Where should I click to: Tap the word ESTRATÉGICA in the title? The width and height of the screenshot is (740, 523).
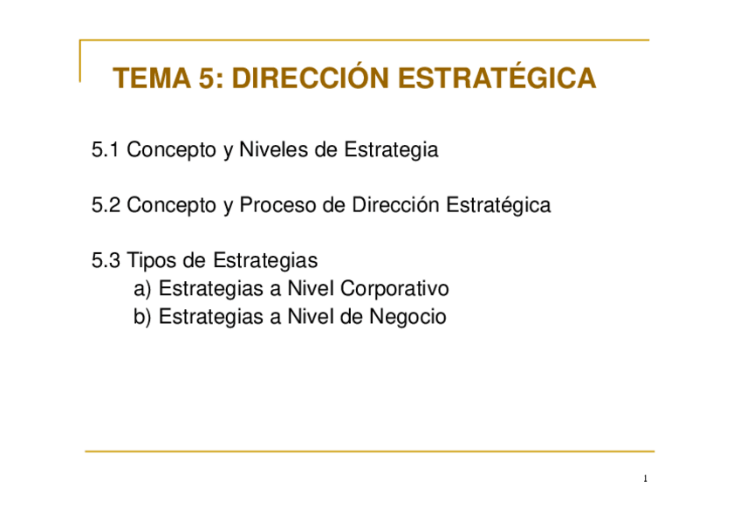click(497, 79)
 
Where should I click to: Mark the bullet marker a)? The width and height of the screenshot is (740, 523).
click(142, 289)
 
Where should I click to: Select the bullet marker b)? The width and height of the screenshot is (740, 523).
click(142, 317)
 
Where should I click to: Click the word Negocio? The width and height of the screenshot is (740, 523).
click(408, 317)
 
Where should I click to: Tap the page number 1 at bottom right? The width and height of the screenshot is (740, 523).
click(645, 479)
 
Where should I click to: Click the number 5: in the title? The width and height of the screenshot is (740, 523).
click(211, 79)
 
